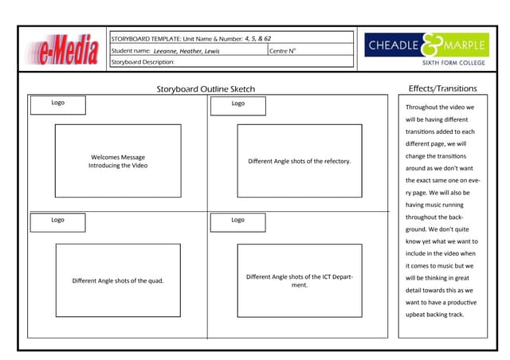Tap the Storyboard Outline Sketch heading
coord(206,89)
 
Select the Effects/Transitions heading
coord(442,88)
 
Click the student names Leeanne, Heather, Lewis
coord(186,51)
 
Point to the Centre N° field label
coord(282,51)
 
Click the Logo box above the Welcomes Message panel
coord(57,104)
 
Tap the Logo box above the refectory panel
coord(238,104)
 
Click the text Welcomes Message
coord(118,157)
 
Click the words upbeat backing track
coord(434,314)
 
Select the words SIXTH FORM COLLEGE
coord(454,62)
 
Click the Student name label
coord(131,51)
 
